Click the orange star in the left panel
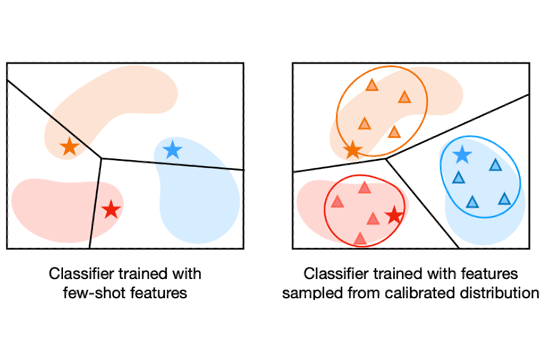pos(70,146)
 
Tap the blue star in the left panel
pos(172,149)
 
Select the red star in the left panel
pos(111,210)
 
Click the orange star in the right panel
pos(353,150)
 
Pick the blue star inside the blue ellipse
pos(461,155)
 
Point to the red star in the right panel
pos(394,215)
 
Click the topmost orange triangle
pos(372,85)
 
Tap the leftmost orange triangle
pos(364,124)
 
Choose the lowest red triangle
pos(360,239)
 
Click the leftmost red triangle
pos(337,202)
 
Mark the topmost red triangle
pos(364,188)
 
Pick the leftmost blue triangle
pos(458,178)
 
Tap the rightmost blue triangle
pos(505,199)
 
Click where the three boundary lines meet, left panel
pos(101,158)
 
